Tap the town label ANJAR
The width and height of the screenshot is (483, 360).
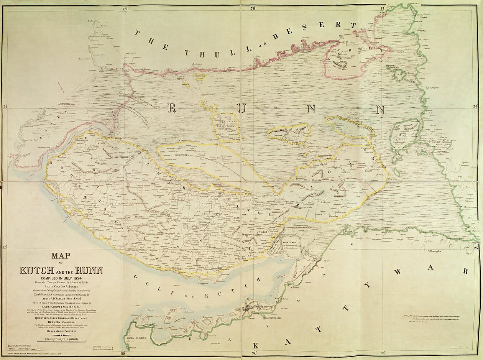click(x=263, y=232)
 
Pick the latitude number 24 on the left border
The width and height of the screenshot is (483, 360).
click(x=5, y=107)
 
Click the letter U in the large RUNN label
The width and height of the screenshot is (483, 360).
click(x=241, y=108)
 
